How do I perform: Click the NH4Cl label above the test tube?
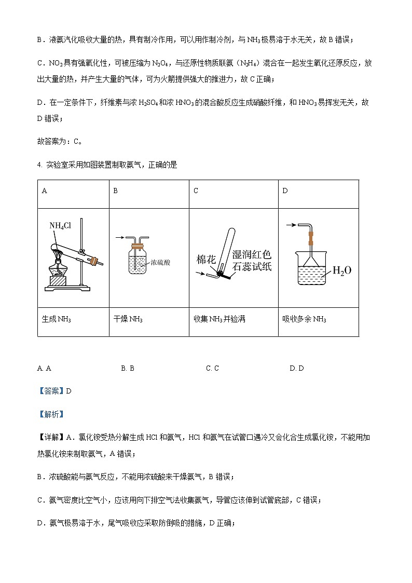[60, 225]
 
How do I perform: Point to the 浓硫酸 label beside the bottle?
[160, 263]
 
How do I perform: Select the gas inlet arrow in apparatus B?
[119, 237]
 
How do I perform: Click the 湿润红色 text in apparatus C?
[251, 255]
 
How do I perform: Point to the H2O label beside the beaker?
[341, 270]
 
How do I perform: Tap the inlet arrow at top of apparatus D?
[292, 225]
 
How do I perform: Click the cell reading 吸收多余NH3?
[304, 319]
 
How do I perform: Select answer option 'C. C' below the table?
[212, 368]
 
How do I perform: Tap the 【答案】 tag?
[51, 391]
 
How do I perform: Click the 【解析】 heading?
[51, 414]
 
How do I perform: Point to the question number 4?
[39, 165]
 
